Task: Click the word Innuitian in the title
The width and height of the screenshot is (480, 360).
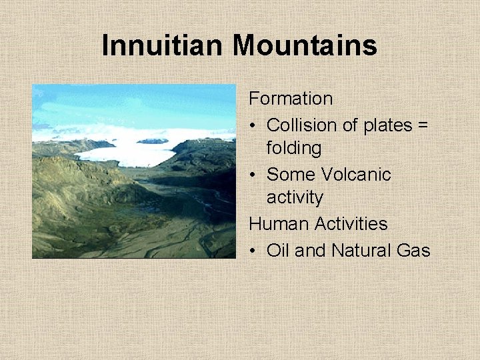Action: click(x=164, y=45)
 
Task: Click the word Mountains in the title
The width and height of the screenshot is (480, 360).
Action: click(x=305, y=45)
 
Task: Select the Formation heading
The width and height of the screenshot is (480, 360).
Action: click(x=291, y=99)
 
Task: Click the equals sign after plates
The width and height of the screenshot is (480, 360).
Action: click(x=423, y=125)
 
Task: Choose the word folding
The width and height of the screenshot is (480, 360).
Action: click(x=294, y=148)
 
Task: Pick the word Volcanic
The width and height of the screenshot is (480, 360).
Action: click(x=356, y=174)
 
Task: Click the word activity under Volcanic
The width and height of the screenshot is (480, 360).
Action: click(x=295, y=198)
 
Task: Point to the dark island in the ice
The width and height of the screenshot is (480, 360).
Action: click(x=153, y=141)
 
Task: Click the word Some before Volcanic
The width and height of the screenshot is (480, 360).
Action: click(x=291, y=174)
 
